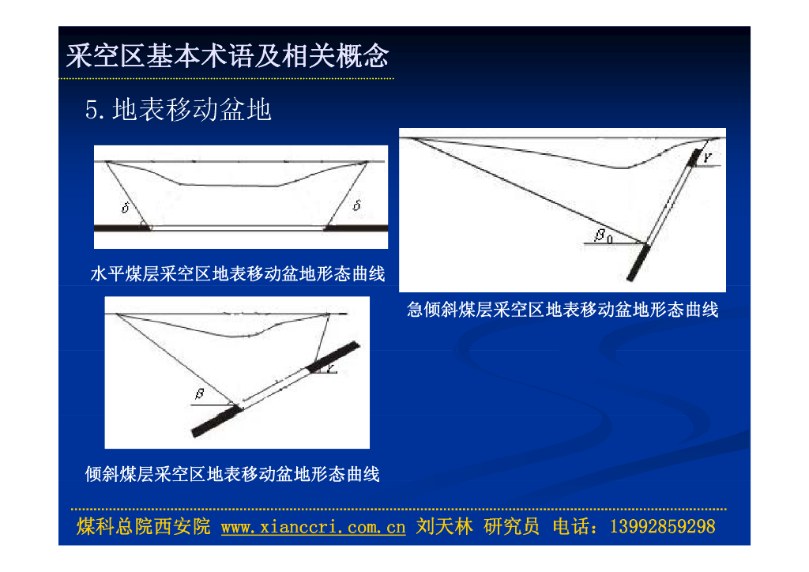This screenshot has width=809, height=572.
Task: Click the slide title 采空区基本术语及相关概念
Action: point(227,56)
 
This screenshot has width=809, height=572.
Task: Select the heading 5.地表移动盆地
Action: point(178,109)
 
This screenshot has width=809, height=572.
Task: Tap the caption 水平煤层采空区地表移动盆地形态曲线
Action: point(237,273)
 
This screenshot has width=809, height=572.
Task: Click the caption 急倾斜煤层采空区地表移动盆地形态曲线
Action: point(563,310)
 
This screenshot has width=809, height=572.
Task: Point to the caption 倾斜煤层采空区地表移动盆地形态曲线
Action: point(232,474)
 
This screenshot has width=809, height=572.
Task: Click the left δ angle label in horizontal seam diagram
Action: point(126,207)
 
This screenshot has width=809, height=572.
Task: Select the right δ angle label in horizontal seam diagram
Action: point(356,205)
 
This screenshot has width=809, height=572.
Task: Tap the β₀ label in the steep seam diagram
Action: point(603,235)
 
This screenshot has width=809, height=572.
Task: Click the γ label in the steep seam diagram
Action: point(707,158)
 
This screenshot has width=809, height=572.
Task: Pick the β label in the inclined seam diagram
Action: point(200,394)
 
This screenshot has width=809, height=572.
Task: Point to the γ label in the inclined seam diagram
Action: point(330,368)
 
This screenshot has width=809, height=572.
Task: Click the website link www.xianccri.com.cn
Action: point(313,527)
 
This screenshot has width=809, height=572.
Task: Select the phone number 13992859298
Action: point(663,527)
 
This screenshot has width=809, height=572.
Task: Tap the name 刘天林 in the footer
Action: point(444,527)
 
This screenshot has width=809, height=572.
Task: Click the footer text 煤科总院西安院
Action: point(144,527)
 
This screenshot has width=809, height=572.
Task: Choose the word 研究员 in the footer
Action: point(512,527)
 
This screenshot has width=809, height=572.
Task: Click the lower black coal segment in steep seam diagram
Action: point(638,262)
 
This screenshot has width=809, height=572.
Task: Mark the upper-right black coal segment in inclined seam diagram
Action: point(333,356)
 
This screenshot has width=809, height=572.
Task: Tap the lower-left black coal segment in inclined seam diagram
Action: point(216,421)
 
